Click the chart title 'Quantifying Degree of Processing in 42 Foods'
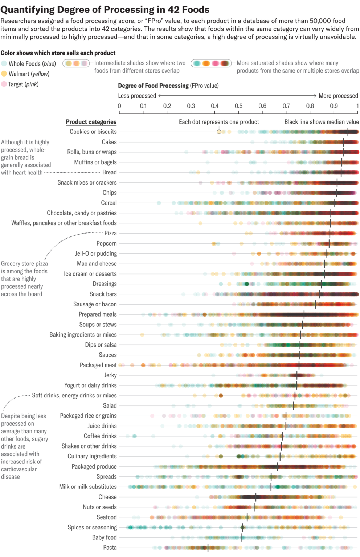pos(105,9)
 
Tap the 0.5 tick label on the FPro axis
pos(238,106)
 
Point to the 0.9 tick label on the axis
pos(334,106)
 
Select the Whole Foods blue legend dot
pos(4,63)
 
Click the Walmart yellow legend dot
pos(4,74)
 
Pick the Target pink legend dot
pos(4,84)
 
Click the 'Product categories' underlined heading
pos(91,122)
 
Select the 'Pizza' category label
pos(110,233)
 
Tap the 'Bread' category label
pos(109,172)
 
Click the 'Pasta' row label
pos(110,548)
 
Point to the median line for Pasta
pos(208,548)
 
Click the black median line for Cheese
pos(256,497)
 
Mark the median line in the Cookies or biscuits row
pos(348,132)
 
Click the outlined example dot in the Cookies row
pos(219,132)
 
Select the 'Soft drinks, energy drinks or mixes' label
pos(74,395)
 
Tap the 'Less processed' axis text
pos(137,96)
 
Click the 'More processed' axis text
pos(338,96)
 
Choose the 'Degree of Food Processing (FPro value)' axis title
pos(168,86)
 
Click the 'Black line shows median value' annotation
pos(322,122)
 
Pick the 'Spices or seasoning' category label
pos(92,527)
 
